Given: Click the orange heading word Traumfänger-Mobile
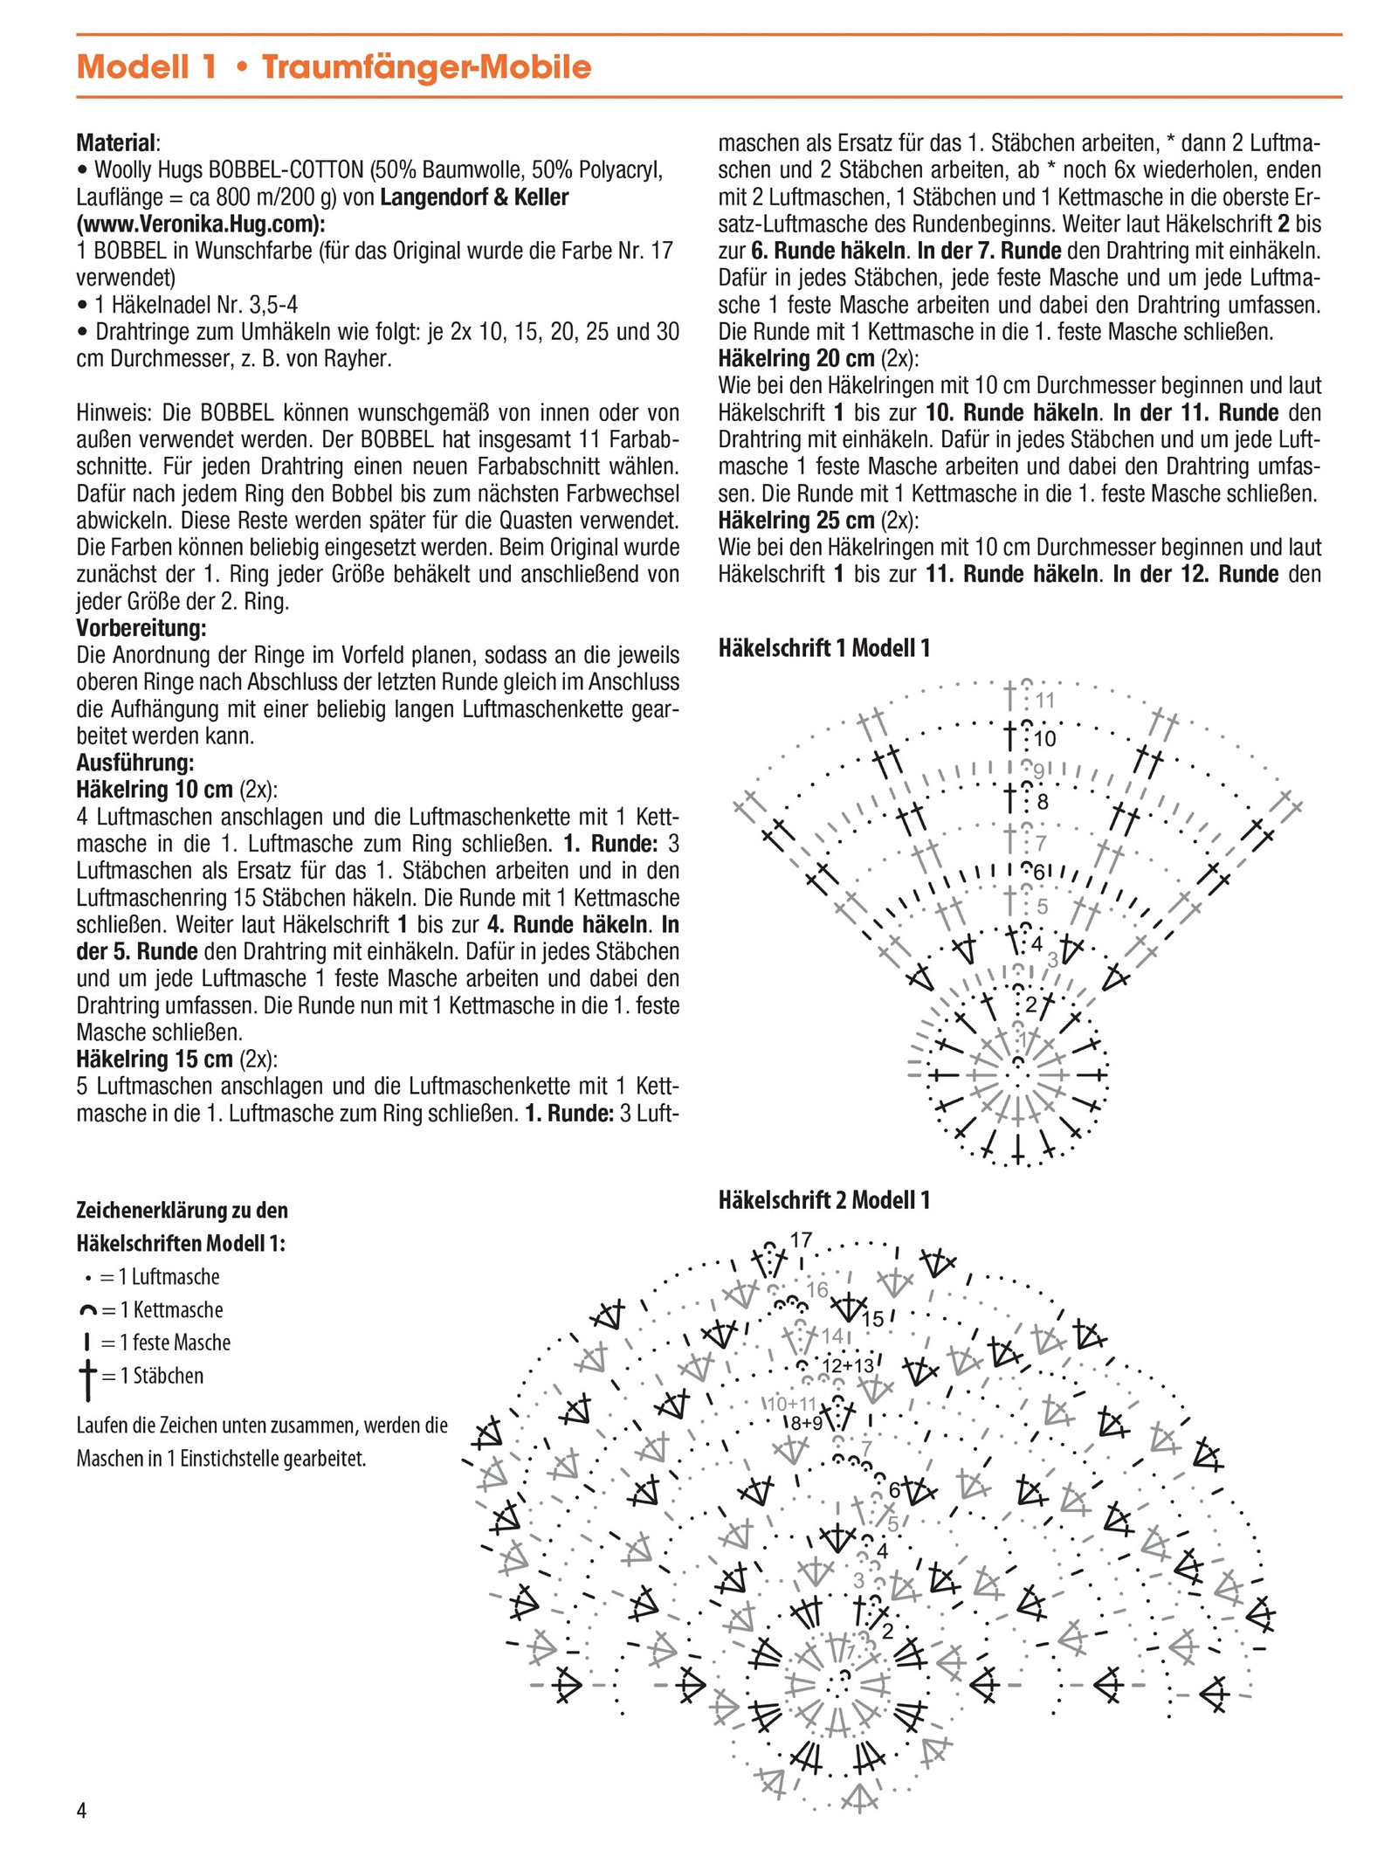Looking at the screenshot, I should pos(426,67).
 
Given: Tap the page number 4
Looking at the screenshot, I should pos(81,1810).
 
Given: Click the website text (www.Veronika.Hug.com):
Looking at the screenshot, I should pos(201,224).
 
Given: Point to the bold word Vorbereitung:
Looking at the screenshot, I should pos(141,628).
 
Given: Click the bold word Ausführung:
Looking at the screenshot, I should pos(135,763).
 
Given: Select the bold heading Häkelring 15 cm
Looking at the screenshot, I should pos(154,1060).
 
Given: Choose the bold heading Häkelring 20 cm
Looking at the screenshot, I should pos(795,358).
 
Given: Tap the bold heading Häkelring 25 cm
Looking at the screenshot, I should pos(795,521).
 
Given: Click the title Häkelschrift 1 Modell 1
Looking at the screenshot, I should pos(823,648).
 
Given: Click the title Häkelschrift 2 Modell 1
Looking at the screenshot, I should pos(823,1200).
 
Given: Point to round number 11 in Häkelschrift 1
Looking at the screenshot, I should pos(1045,701).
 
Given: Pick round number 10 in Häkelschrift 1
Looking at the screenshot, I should pos(1044,740).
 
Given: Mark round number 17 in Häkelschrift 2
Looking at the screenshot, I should pos(801,1239).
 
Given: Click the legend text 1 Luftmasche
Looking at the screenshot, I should pos(169,1277).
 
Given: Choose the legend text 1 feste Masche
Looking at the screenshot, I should pos(175,1343).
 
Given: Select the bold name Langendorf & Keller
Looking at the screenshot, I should pos(474,197).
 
